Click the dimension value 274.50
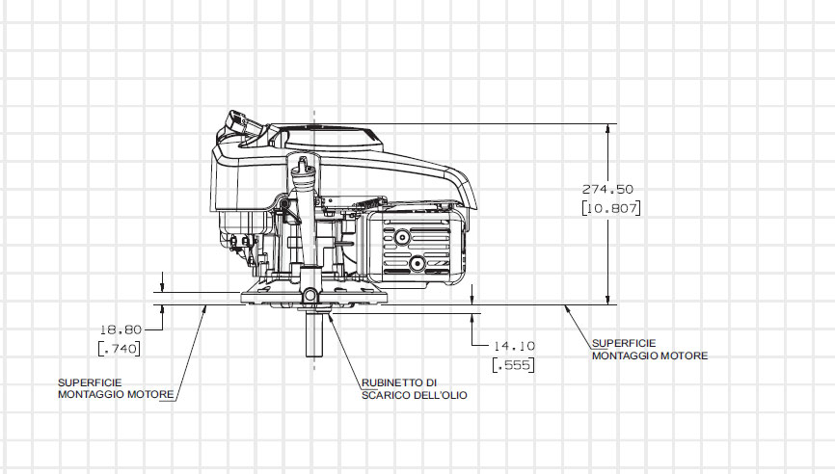[607, 189]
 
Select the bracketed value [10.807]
[611, 207]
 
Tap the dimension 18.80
[121, 329]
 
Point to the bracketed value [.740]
[120, 348]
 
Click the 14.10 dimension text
[513, 345]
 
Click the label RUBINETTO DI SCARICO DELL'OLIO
[400, 388]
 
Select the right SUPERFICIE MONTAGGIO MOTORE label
[649, 349]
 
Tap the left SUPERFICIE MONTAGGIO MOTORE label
[116, 388]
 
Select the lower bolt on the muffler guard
[417, 263]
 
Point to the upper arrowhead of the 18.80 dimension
[163, 286]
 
